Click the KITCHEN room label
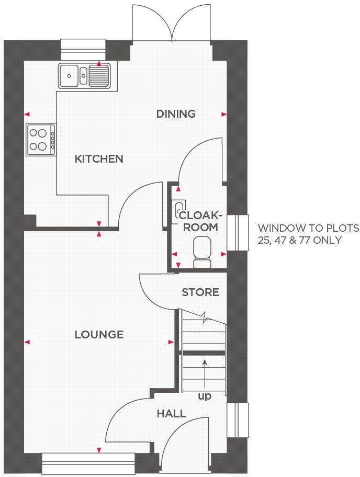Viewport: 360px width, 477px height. [99, 159]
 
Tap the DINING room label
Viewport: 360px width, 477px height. [176, 113]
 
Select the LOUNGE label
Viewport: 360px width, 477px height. [99, 335]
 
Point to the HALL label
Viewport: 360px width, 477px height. [171, 414]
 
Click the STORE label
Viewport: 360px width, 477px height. [200, 292]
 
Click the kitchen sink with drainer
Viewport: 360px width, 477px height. [84, 75]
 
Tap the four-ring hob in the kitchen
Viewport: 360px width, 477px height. [41, 140]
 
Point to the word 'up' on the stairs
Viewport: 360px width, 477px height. [204, 396]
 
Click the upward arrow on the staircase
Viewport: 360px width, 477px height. [204, 371]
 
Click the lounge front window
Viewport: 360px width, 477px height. [88, 463]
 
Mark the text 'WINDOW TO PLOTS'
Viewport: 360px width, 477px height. [308, 229]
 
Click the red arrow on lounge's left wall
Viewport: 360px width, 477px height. [27, 342]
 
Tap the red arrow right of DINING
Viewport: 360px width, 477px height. [224, 114]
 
